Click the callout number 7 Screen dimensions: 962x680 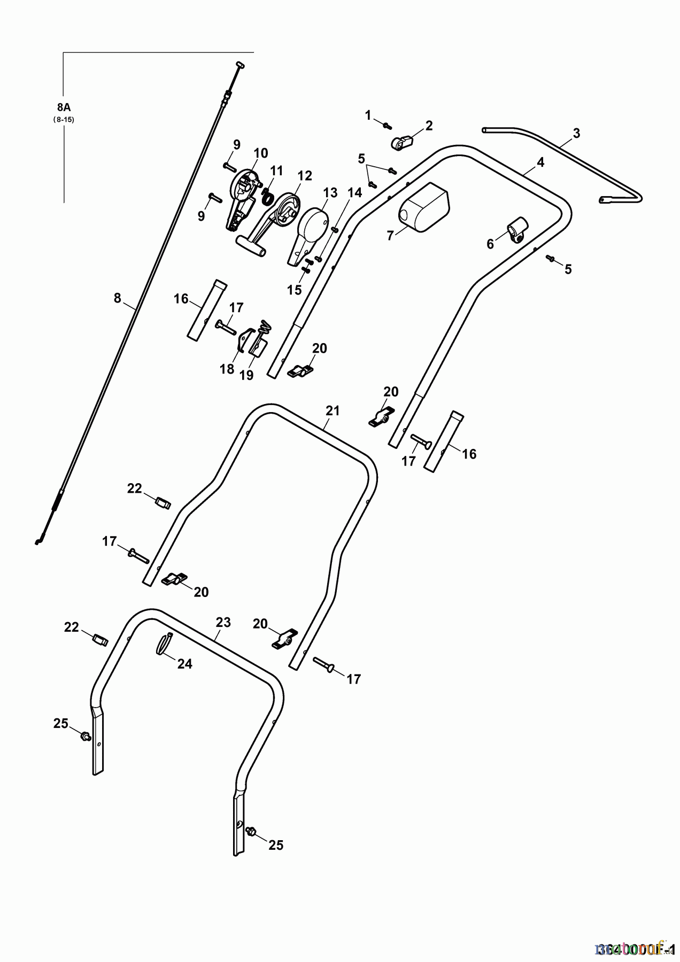click(390, 235)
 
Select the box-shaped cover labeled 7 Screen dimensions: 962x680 click(425, 207)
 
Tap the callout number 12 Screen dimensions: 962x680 click(305, 175)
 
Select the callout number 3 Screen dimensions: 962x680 click(576, 133)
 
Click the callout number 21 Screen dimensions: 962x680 click(333, 411)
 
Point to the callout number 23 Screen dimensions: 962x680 click(223, 622)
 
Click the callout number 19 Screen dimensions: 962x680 click(246, 375)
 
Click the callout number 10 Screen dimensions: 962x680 click(260, 153)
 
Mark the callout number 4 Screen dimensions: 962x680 click(540, 162)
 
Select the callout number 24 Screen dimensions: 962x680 click(184, 664)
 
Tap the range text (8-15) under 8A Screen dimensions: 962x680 click(64, 120)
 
